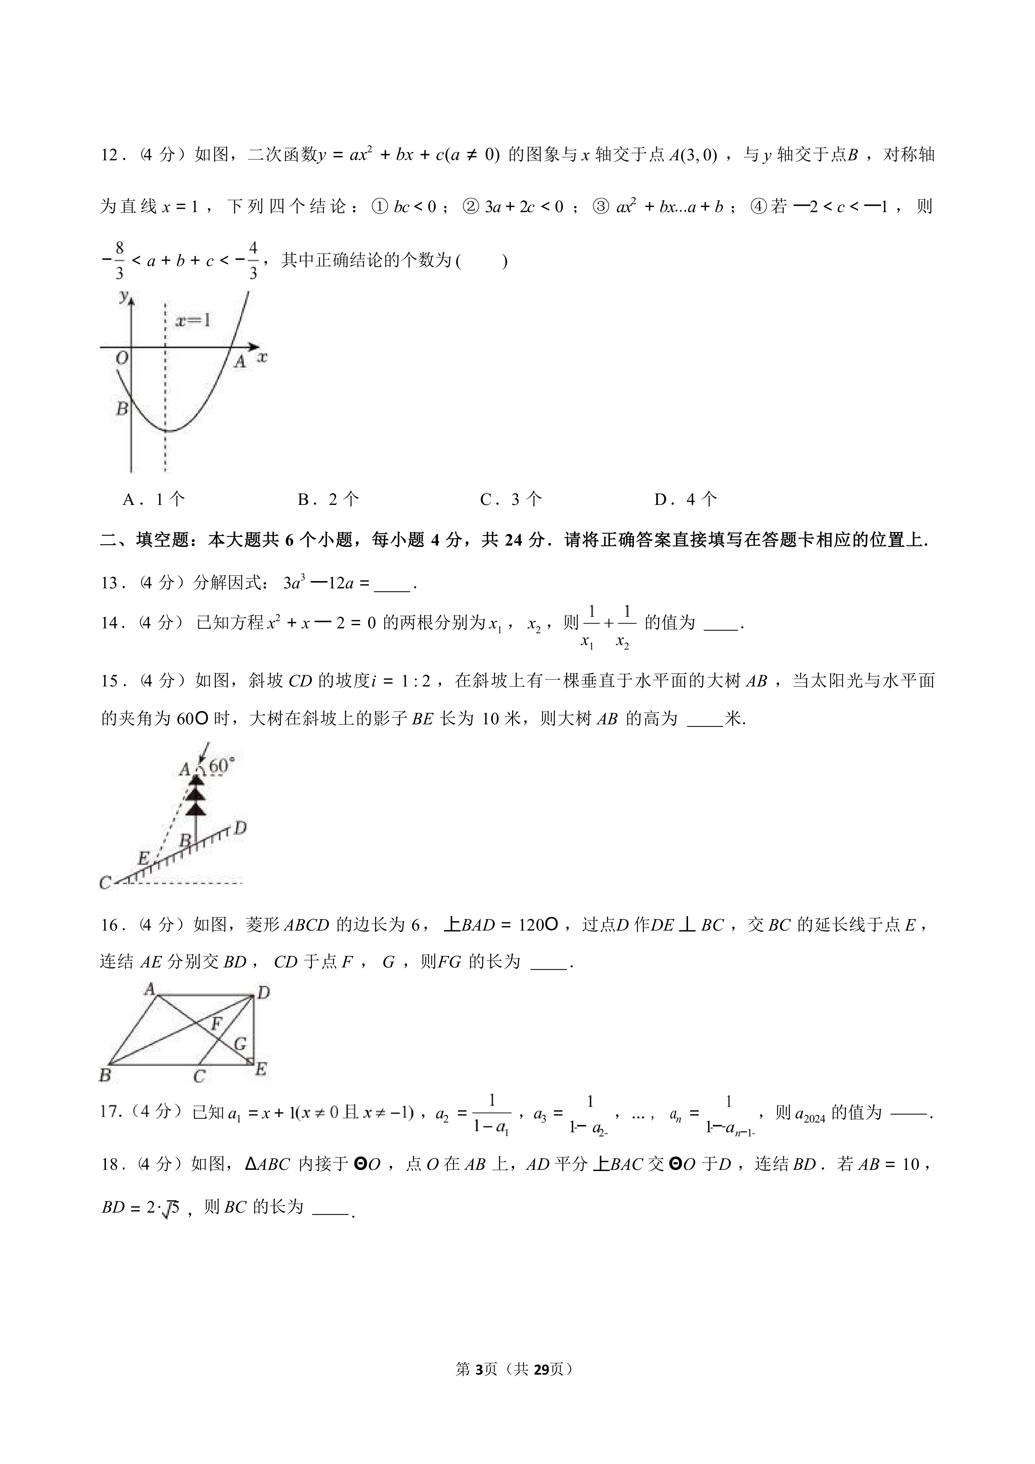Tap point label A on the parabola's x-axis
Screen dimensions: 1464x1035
(240, 362)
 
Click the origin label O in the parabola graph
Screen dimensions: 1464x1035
(122, 358)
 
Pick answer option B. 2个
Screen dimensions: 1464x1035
(328, 499)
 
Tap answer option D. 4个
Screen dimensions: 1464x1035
(685, 499)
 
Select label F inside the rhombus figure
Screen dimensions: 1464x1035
(217, 1025)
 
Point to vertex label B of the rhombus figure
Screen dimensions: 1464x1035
(105, 1076)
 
